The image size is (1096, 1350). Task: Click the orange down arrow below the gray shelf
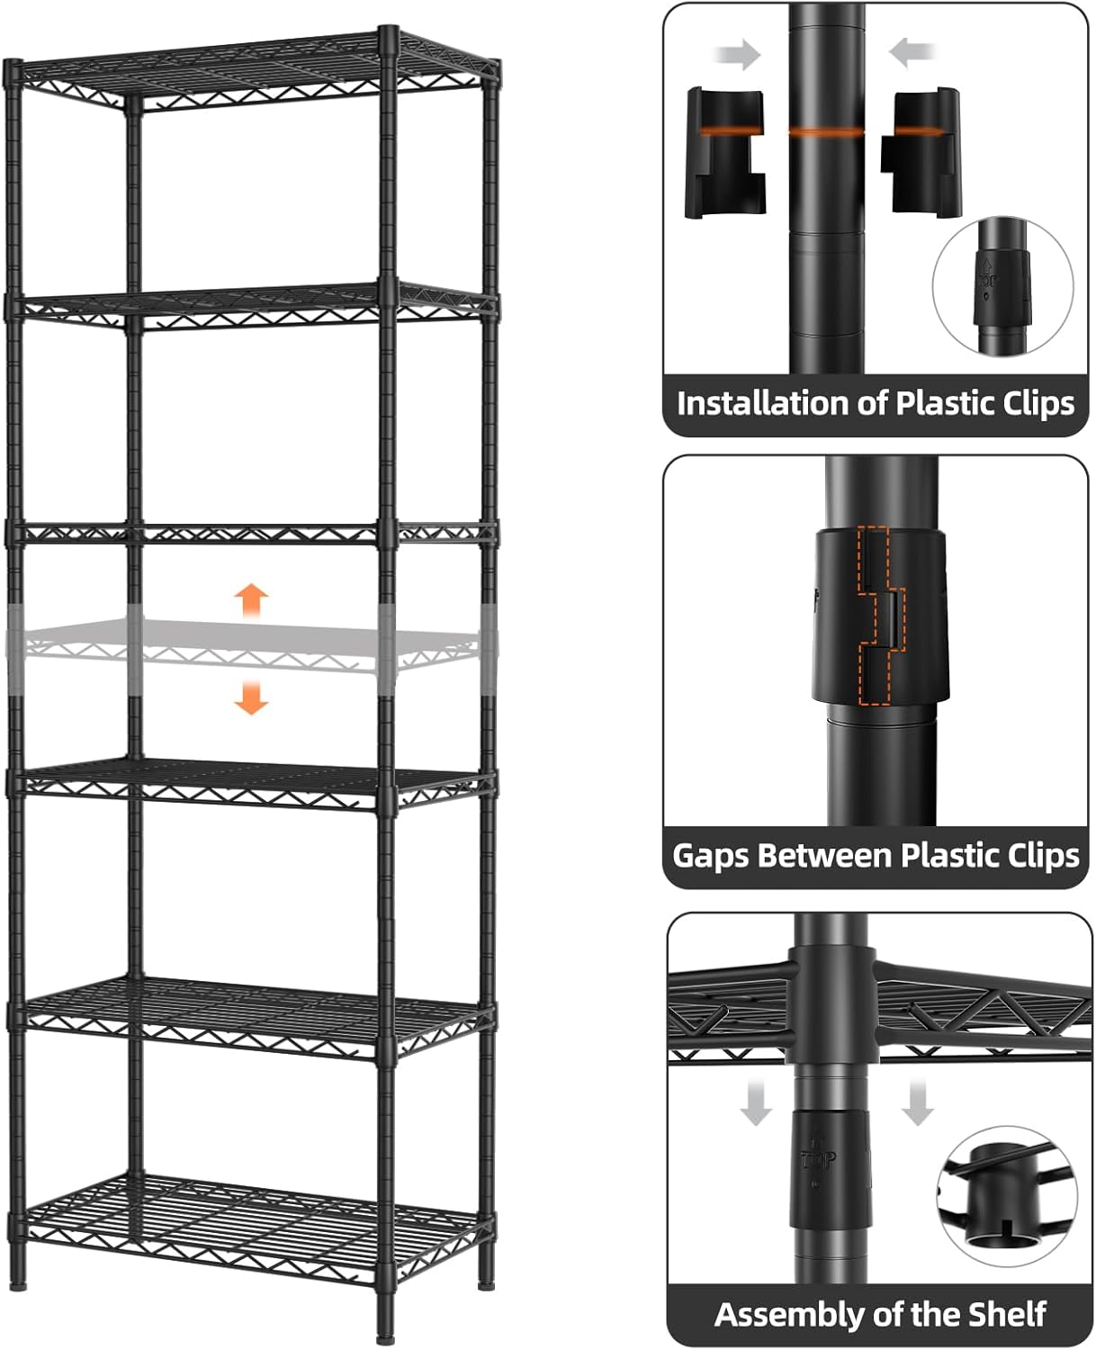click(252, 697)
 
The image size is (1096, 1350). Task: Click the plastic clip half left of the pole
click(725, 153)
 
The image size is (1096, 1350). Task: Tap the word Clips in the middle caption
click(1033, 854)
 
